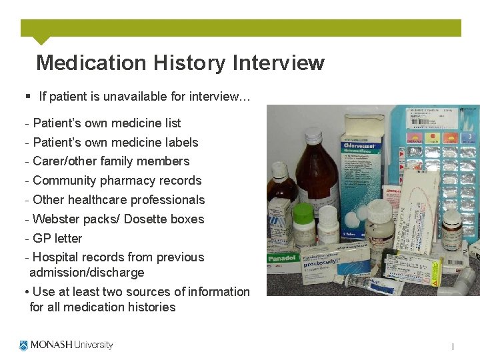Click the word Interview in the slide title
(278, 63)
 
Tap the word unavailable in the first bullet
(135, 97)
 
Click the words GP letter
(57, 239)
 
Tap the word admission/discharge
(87, 273)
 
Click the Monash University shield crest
(24, 345)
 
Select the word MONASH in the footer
(51, 345)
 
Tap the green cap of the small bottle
(303, 212)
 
